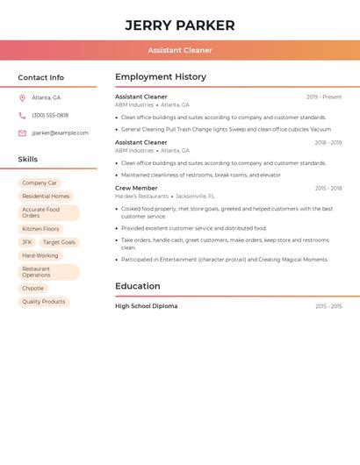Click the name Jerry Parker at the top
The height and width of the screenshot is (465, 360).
point(180,25)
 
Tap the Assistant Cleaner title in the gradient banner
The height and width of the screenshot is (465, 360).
point(180,50)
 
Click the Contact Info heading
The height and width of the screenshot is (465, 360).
point(41,77)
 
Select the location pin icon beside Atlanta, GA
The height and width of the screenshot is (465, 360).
point(22,97)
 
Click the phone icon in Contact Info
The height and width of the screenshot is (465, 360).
point(22,115)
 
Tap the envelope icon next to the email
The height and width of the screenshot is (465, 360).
point(22,133)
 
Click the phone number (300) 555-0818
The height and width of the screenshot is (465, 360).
point(50,115)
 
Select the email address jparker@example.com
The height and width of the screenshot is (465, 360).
point(60,133)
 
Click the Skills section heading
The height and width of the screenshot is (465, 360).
point(28,160)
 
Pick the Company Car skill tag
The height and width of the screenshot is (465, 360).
point(40,182)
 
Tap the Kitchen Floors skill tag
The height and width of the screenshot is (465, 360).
point(40,229)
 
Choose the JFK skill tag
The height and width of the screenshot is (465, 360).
point(27,242)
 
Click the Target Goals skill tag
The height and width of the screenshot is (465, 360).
point(59,242)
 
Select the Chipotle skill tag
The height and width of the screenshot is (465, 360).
point(32,289)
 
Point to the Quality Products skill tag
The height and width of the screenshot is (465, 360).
point(44,302)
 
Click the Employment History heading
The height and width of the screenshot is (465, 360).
point(161,77)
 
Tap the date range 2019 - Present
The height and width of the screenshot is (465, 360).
point(324,97)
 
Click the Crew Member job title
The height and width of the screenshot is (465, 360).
point(136,188)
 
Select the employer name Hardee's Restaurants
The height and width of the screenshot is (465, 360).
point(141,197)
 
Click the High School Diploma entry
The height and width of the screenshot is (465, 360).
point(146,306)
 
